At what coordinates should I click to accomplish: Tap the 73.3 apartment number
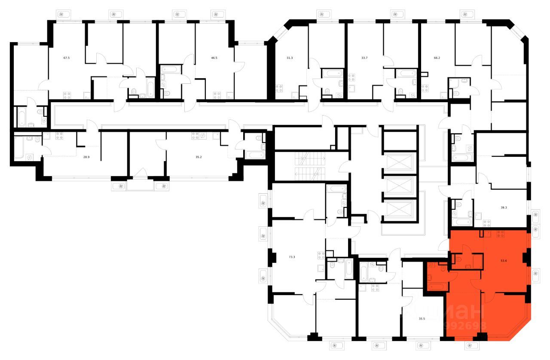pos(292,257)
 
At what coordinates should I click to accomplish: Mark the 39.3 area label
pos(504,207)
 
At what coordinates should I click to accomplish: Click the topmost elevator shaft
pos(400,162)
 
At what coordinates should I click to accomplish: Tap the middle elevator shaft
pos(400,186)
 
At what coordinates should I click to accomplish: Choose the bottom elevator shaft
pos(400,211)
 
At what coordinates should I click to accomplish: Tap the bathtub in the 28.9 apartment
pos(21,147)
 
